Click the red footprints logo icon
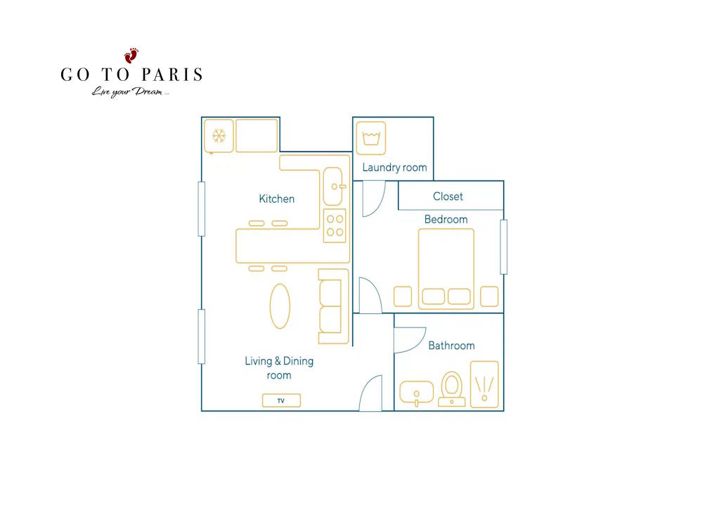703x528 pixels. point(131,55)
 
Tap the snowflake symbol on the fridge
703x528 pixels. point(219,136)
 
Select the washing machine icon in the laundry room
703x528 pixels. point(370,138)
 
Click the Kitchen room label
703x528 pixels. point(276,199)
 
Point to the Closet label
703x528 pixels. point(448,196)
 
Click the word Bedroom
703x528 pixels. point(446,219)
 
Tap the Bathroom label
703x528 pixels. point(451,345)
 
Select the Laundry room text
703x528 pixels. point(394,168)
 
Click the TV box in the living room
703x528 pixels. point(281,401)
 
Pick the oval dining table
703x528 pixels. point(280,306)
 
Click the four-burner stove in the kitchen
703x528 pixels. point(335,225)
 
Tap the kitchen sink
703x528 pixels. point(333,187)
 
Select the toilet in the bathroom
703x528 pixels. point(451,389)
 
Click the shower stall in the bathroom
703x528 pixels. point(484,384)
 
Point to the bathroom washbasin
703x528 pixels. point(416,392)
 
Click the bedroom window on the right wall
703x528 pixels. point(503,247)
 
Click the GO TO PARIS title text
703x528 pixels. point(131,75)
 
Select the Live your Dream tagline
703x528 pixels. point(130,92)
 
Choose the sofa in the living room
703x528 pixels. point(333,306)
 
